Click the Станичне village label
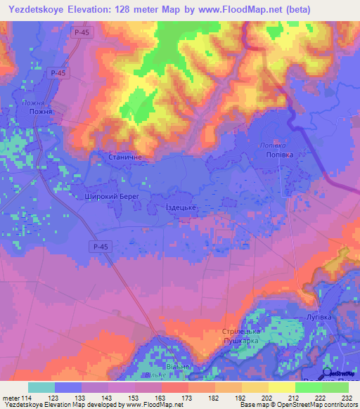(x=127, y=159)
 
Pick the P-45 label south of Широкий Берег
(x=99, y=246)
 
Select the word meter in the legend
(x=10, y=398)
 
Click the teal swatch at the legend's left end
(x=41, y=387)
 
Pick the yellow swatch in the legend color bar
(x=281, y=387)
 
